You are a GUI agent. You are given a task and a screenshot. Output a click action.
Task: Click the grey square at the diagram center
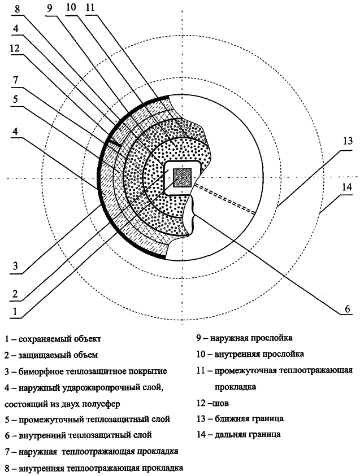[x=182, y=178]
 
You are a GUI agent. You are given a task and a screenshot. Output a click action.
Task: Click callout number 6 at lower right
[x=347, y=309]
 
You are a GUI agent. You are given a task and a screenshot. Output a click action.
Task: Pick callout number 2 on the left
[x=15, y=294]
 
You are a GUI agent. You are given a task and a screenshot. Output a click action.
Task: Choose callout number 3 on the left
[x=15, y=267]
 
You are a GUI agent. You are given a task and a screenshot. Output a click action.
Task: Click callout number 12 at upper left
[x=14, y=48]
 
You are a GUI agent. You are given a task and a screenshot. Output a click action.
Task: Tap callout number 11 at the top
[x=90, y=7]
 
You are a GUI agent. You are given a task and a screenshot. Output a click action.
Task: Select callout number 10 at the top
[x=71, y=7]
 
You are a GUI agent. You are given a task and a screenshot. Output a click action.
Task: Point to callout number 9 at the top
[x=50, y=7]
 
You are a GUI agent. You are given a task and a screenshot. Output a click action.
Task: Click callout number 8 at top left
[x=17, y=8]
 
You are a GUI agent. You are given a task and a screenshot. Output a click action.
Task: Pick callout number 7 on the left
[x=15, y=80]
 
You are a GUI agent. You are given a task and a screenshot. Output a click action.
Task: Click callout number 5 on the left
[x=15, y=99]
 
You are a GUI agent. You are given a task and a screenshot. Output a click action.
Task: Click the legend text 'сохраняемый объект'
[x=60, y=339]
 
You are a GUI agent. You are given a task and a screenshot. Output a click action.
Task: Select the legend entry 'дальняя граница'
[x=248, y=434]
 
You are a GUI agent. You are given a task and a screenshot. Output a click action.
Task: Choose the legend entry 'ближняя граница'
[x=249, y=418]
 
